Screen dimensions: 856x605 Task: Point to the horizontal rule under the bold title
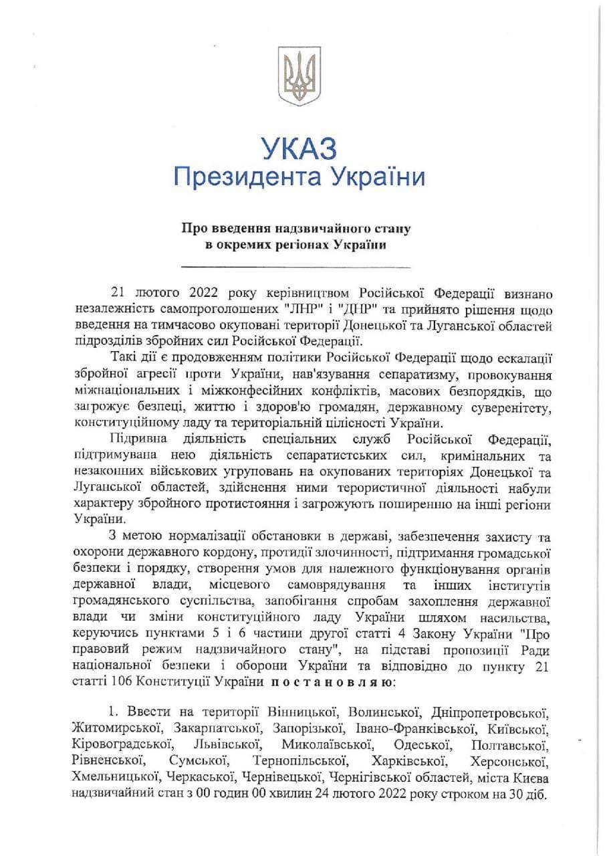[297, 266]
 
